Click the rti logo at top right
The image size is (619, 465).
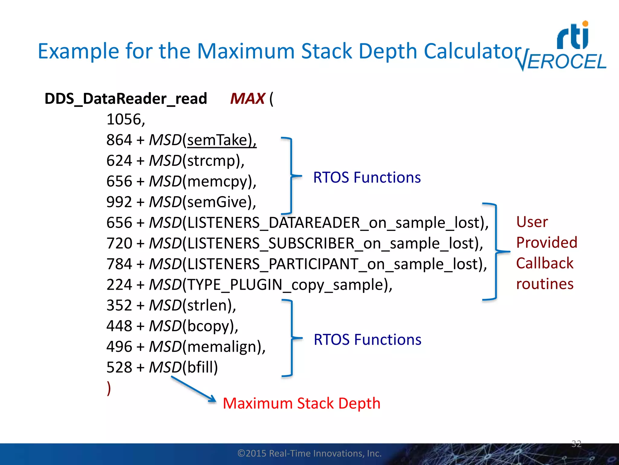point(573,36)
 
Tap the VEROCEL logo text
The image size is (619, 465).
point(562,62)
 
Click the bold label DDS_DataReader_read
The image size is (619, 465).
point(126,99)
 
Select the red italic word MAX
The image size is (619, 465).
point(247,99)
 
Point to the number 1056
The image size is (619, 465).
point(125,119)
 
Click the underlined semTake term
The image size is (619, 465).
point(221,140)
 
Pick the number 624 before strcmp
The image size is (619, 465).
point(119,161)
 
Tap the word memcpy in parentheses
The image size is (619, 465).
point(219,182)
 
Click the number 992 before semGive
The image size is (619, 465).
point(119,202)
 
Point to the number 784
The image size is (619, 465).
point(119,264)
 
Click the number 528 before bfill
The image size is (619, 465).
point(119,368)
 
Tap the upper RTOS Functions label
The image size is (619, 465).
point(367,177)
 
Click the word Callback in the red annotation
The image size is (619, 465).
point(544,263)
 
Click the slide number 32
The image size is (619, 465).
point(576,444)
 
